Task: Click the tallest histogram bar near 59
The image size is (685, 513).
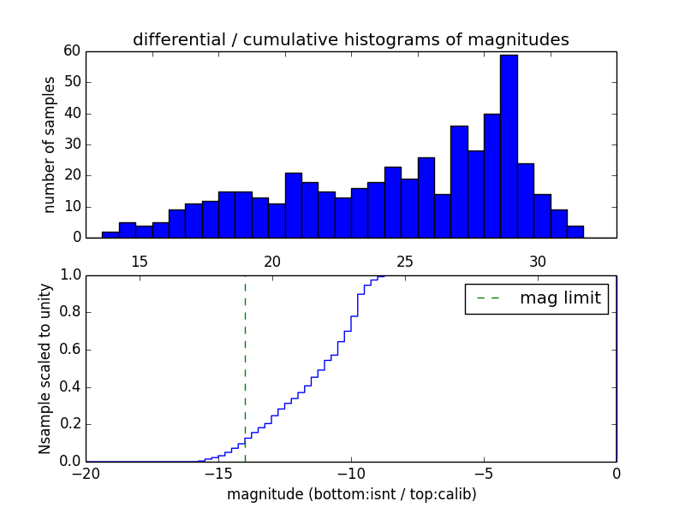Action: click(509, 146)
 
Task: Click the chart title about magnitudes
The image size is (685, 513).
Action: click(350, 39)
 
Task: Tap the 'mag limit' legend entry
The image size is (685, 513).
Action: click(536, 298)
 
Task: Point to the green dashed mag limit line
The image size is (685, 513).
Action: click(245, 368)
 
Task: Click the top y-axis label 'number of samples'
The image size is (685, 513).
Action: click(50, 144)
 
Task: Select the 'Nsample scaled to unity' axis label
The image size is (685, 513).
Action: click(45, 369)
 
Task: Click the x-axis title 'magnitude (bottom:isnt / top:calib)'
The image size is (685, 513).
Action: click(351, 494)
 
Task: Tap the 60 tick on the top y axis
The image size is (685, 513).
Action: click(72, 51)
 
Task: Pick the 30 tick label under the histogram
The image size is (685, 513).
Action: click(537, 262)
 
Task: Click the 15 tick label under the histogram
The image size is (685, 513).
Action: click(139, 262)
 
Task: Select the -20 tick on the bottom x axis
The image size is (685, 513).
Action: click(86, 473)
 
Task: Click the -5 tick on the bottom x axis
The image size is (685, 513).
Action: click(484, 473)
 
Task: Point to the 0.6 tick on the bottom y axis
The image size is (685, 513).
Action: click(68, 350)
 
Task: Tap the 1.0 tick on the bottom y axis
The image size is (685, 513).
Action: click(68, 275)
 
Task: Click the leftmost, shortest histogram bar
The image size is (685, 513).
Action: click(110, 234)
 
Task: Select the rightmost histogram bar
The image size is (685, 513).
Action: click(575, 232)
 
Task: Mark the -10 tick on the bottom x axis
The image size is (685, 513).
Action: click(351, 473)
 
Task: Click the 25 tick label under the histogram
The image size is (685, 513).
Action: click(404, 262)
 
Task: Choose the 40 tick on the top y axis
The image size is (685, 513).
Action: click(72, 114)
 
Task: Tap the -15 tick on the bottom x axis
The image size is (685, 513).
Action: click(218, 473)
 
